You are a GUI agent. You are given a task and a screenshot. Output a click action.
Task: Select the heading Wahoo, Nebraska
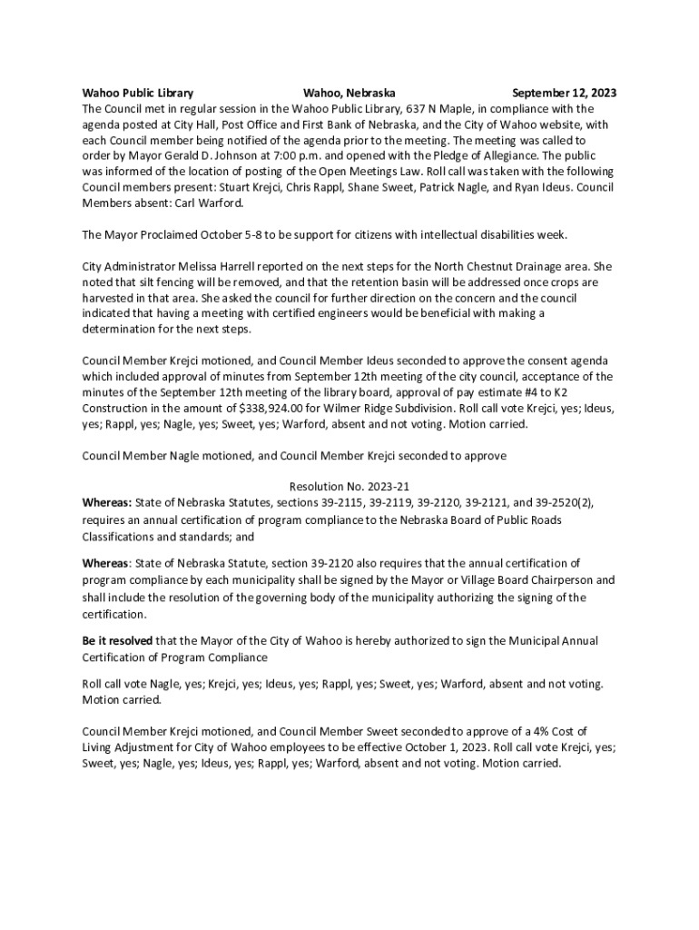pyautogui.click(x=349, y=94)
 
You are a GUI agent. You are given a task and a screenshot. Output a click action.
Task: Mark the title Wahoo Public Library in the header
pyautogui.click(x=137, y=94)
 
